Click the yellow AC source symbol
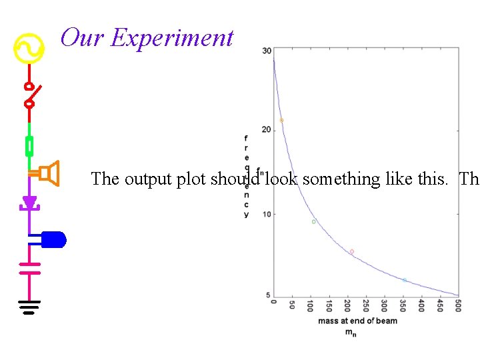pyautogui.click(x=29, y=49)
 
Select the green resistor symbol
pyautogui.click(x=29, y=145)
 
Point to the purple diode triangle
pyautogui.click(x=29, y=202)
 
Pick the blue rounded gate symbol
pyautogui.click(x=53, y=239)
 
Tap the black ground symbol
pyautogui.click(x=29, y=307)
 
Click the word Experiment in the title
pyautogui.click(x=173, y=38)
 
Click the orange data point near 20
pyautogui.click(x=281, y=121)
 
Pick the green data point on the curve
pyautogui.click(x=313, y=222)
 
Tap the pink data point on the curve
pyautogui.click(x=352, y=251)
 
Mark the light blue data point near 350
pyautogui.click(x=405, y=280)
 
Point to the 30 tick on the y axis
pyautogui.click(x=267, y=51)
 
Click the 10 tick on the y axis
pyautogui.click(x=267, y=214)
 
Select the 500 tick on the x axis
pyautogui.click(x=458, y=305)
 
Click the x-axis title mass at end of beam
pyautogui.click(x=357, y=321)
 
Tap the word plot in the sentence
pyautogui.click(x=191, y=179)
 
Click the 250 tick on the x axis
pyautogui.click(x=366, y=305)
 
